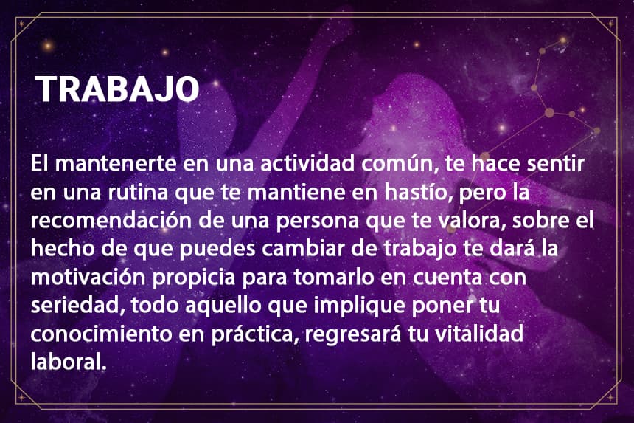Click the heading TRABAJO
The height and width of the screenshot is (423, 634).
[x=117, y=89]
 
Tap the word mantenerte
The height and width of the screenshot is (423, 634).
[x=116, y=164]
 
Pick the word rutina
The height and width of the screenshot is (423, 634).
[x=137, y=192]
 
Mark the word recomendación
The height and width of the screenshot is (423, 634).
[x=111, y=221]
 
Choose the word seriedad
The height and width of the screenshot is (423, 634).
[x=77, y=306]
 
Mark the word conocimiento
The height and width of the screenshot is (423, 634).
[x=102, y=334]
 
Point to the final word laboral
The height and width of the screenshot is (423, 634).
[x=69, y=362]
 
